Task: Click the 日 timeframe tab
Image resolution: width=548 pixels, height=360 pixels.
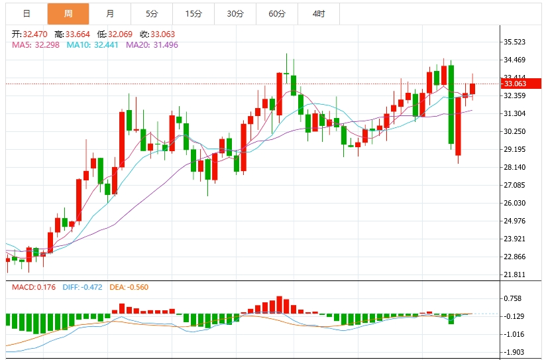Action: click(x=26, y=13)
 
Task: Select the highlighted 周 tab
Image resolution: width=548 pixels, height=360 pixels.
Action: click(x=68, y=13)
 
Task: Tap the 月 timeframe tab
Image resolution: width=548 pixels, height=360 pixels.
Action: click(x=109, y=13)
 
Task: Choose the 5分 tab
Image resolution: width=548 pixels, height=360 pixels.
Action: click(x=152, y=13)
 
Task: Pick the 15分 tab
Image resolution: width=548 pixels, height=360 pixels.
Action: click(x=193, y=13)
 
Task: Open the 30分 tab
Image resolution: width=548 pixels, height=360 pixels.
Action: click(x=235, y=13)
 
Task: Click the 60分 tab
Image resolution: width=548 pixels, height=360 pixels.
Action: click(x=277, y=13)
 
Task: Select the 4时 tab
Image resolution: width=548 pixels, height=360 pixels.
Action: click(x=319, y=13)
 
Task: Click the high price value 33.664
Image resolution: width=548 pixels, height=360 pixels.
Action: click(x=77, y=33)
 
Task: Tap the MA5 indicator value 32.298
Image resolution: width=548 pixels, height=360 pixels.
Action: click(x=48, y=44)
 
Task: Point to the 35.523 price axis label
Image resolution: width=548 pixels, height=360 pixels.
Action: click(x=515, y=42)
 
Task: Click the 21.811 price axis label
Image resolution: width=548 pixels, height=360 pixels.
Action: click(x=515, y=274)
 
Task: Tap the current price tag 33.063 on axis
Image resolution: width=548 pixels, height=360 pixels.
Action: click(x=515, y=84)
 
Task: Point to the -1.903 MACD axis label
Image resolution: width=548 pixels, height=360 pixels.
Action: click(x=515, y=353)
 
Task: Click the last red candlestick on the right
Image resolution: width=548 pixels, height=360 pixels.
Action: click(x=472, y=89)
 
